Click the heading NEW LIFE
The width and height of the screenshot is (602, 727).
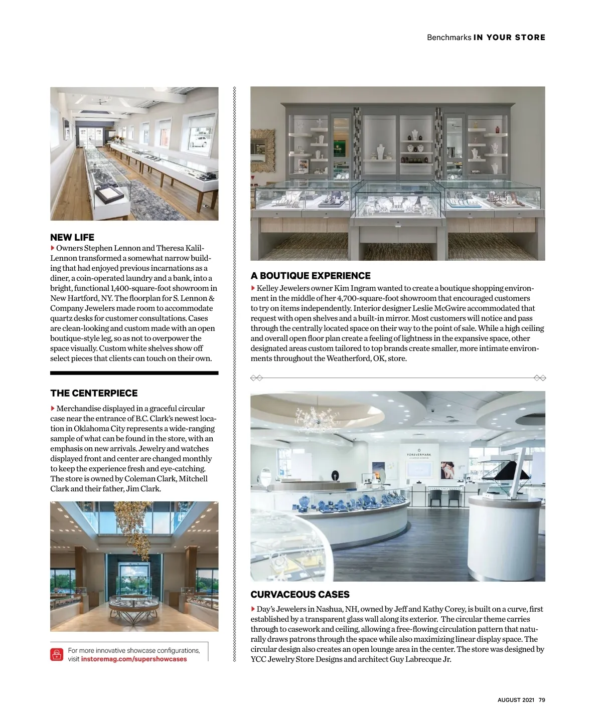click(x=72, y=238)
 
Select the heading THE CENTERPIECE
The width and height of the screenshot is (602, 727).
click(x=94, y=393)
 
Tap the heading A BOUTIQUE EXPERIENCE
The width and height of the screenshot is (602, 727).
click(x=311, y=276)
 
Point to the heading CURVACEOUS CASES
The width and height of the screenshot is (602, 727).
click(x=300, y=595)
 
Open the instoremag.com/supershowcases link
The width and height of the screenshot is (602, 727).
click(x=134, y=659)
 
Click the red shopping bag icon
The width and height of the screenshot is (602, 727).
click(x=57, y=655)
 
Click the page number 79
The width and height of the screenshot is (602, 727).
click(x=542, y=700)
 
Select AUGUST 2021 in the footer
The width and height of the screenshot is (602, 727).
click(x=516, y=700)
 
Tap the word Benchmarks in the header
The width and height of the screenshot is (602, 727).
click(x=449, y=38)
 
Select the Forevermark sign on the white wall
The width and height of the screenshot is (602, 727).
click(x=419, y=454)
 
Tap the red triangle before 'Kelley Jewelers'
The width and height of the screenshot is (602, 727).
click(x=253, y=288)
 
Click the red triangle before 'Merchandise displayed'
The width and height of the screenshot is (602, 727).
click(x=53, y=409)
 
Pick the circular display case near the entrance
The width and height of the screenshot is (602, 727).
click(x=134, y=604)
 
